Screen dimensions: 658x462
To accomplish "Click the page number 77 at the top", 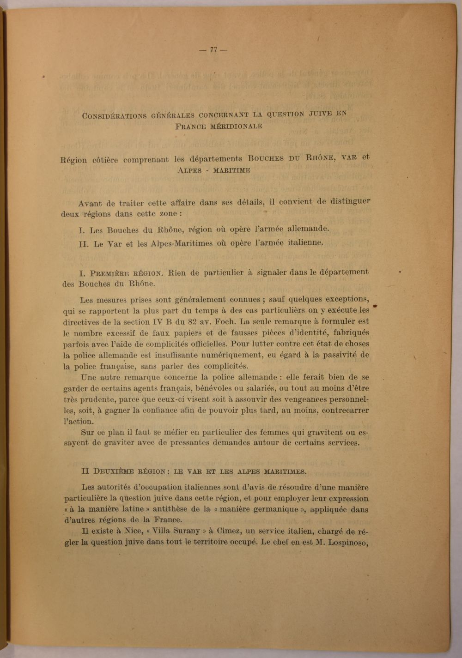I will pos(213,50).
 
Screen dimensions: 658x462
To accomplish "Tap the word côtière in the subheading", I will pos(105,160).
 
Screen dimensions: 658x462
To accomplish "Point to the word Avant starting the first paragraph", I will pos(90,203).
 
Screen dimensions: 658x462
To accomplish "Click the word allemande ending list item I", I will pos(308,228).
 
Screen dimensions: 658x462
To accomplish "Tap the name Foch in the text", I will pos(225,321).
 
